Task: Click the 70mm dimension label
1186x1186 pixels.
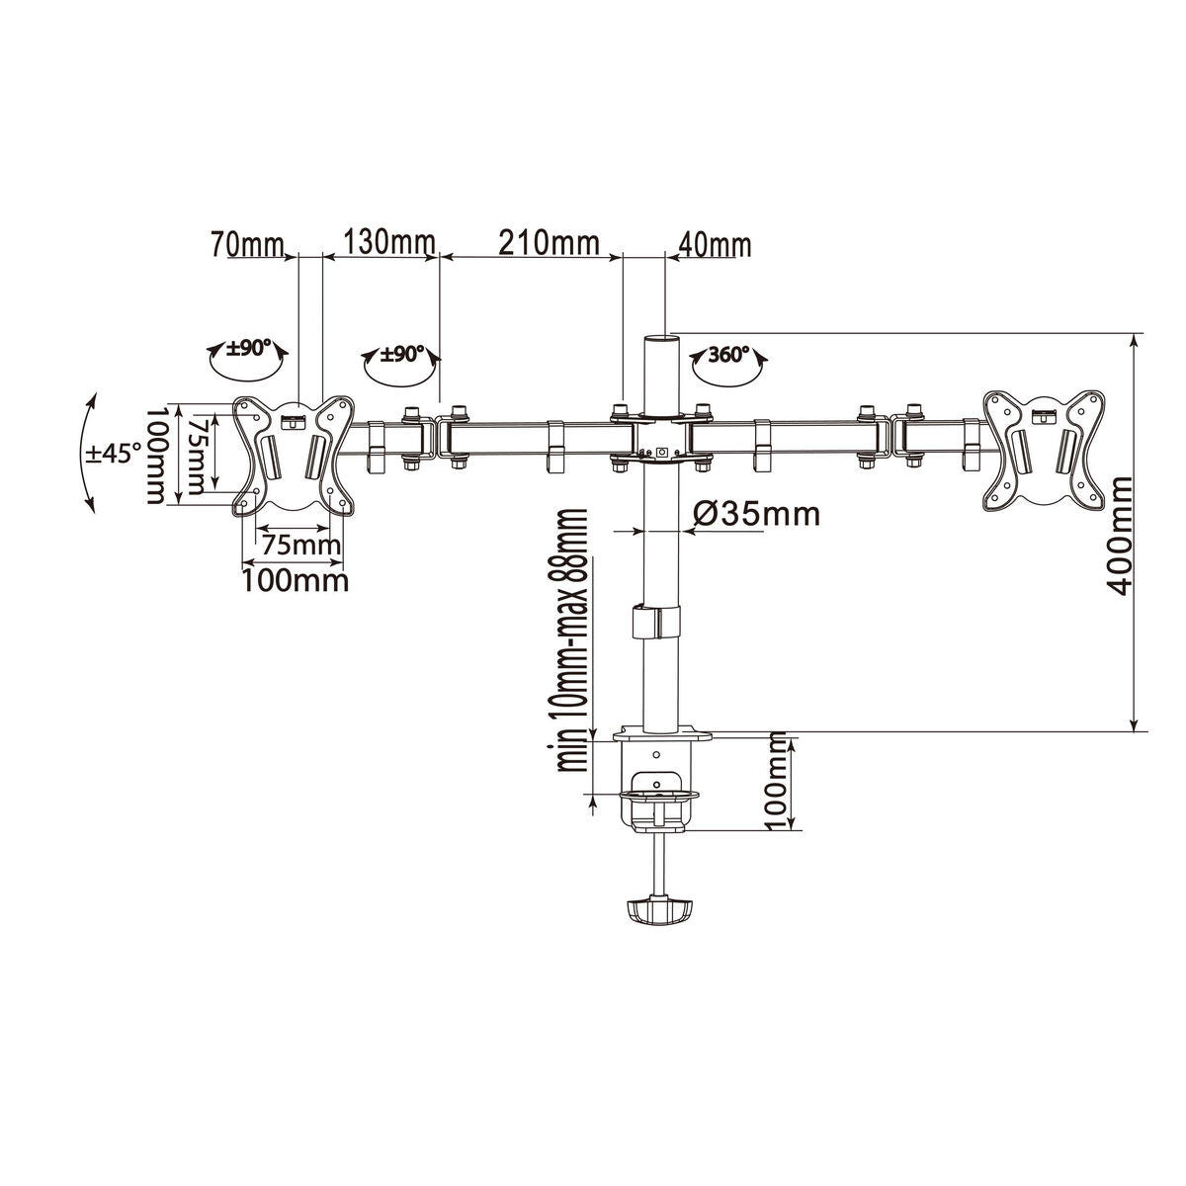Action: pos(246,243)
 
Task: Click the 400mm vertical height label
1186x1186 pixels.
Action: pos(1120,536)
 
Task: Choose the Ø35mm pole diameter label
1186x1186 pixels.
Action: pos(756,514)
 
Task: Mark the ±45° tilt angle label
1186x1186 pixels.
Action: pos(114,453)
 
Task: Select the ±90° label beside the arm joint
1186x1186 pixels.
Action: pos(402,353)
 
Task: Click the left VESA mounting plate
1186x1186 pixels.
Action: pos(295,456)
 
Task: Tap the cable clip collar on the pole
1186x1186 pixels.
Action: pos(654,623)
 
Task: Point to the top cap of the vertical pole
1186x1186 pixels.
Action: pos(656,340)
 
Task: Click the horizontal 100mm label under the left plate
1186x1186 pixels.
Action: pos(296,580)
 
